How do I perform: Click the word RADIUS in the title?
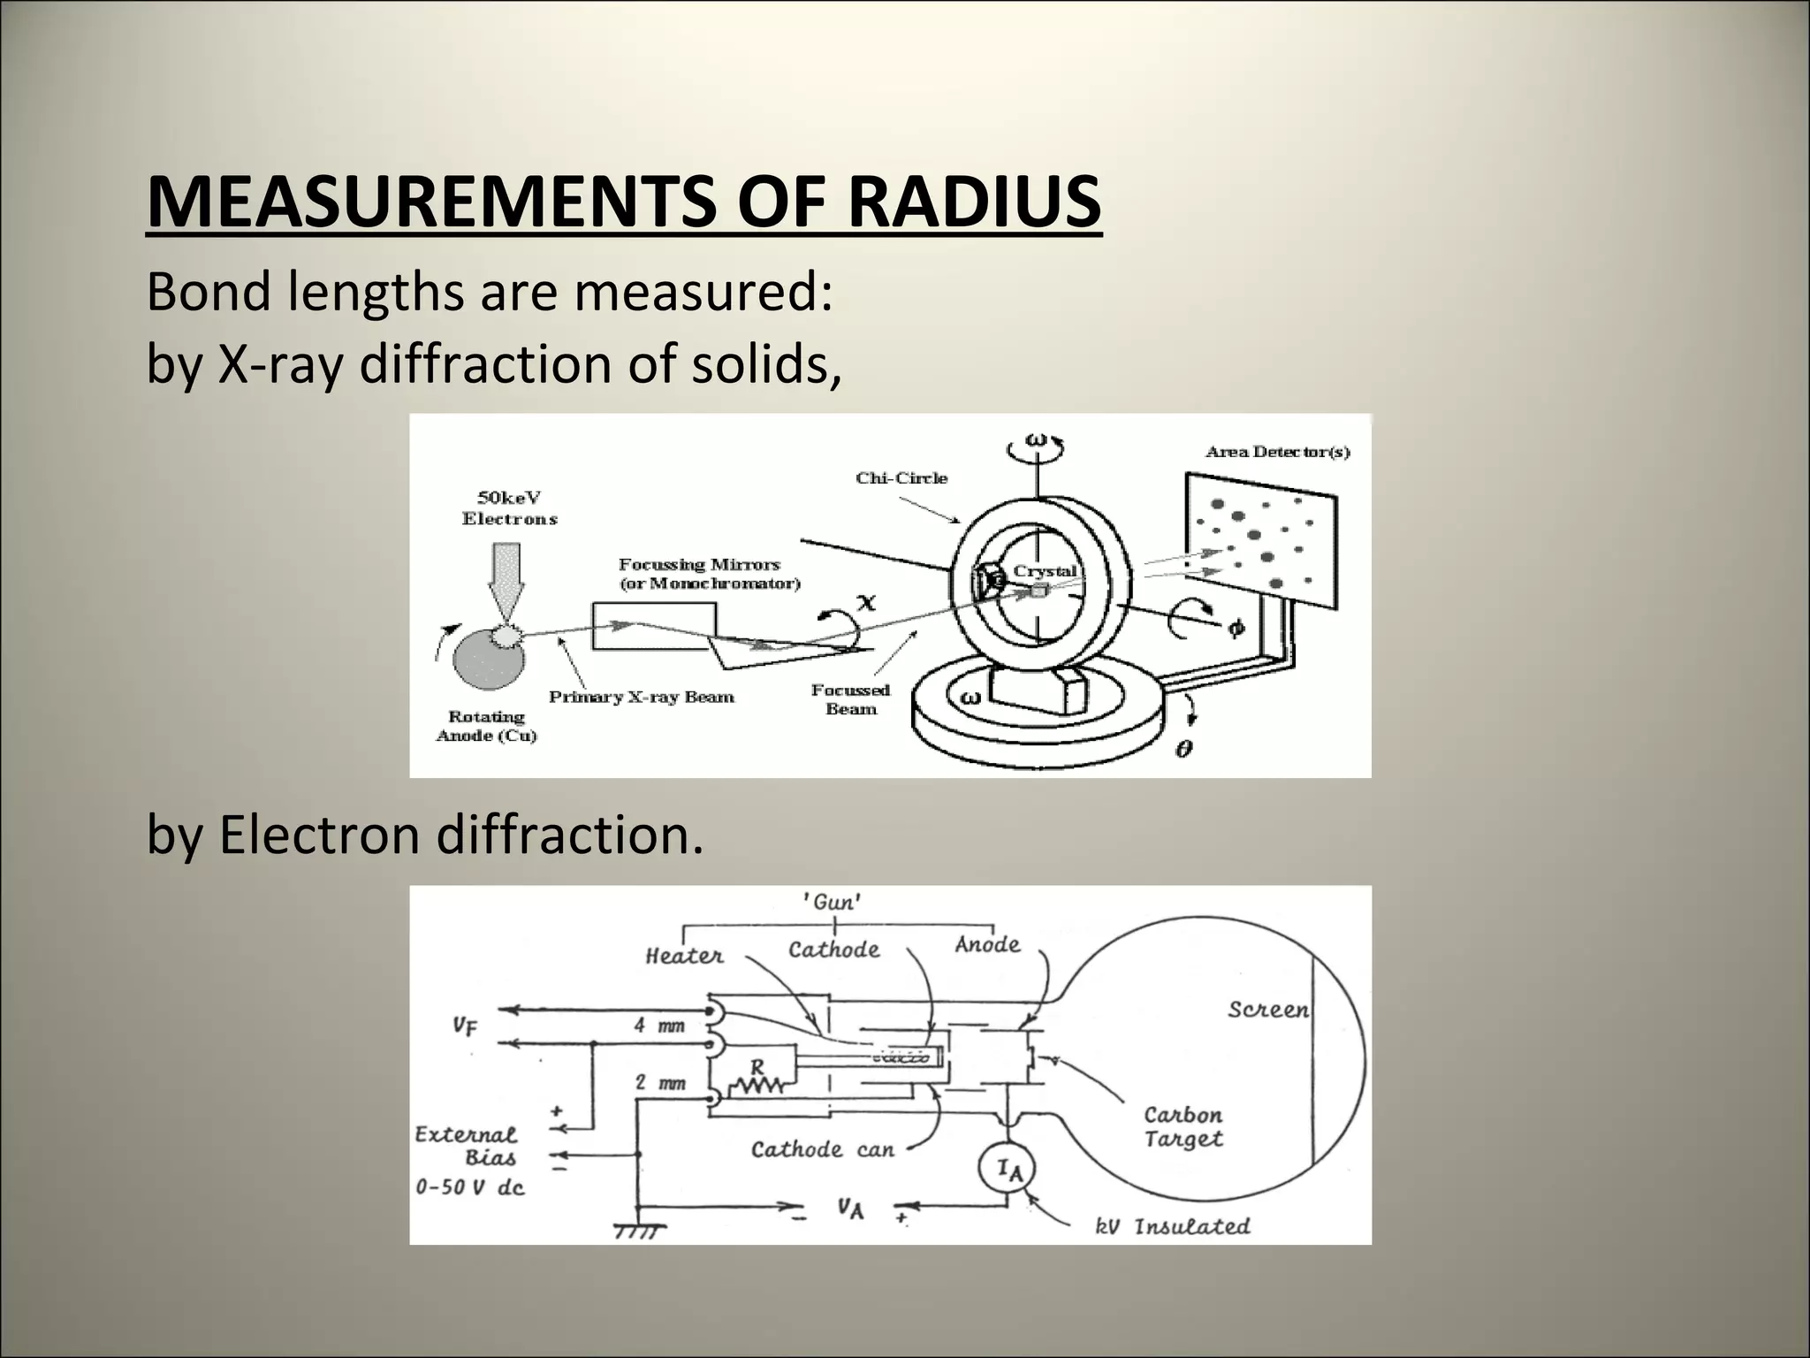coord(974,202)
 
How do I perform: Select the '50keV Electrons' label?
coord(510,508)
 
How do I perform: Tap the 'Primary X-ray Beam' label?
coord(642,697)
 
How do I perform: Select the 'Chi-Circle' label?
coord(901,478)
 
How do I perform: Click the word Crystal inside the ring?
coord(1045,570)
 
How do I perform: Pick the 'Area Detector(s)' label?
coord(1278,452)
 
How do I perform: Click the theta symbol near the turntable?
coord(1184,749)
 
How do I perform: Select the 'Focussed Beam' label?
coord(850,699)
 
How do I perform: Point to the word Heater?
coord(684,956)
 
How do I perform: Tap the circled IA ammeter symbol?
coord(1008,1170)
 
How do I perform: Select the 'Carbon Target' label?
coord(1183,1126)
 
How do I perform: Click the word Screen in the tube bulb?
coord(1267,1010)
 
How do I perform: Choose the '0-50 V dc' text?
coord(470,1186)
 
